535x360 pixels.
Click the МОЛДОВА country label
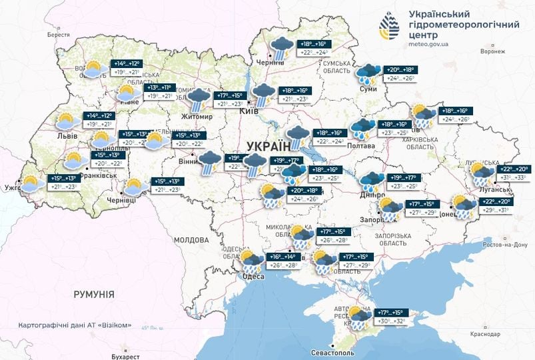click(x=192, y=239)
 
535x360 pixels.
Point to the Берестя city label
click(x=58, y=34)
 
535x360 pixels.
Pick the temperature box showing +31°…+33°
click(x=513, y=177)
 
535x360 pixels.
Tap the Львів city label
click(x=67, y=136)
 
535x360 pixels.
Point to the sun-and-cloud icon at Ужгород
click(x=33, y=184)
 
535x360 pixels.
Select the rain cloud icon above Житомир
click(x=197, y=101)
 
